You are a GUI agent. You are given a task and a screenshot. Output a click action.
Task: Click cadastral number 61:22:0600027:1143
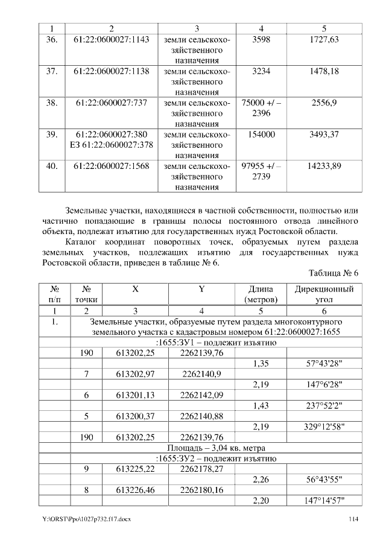pyautogui.click(x=111, y=39)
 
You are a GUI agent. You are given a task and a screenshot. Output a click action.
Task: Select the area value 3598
pyautogui.click(x=261, y=39)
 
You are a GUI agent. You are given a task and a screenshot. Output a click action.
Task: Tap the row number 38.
pyautogui.click(x=52, y=103)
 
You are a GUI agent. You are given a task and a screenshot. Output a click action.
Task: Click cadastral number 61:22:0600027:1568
pyautogui.click(x=111, y=165)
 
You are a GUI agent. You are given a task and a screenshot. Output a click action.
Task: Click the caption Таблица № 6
pyautogui.click(x=334, y=273)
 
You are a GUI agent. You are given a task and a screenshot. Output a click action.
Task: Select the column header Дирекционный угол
pyautogui.click(x=324, y=294)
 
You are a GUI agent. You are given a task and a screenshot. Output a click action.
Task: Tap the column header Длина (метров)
pyautogui.click(x=261, y=294)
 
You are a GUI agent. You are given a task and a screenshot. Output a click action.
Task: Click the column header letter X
pyautogui.click(x=135, y=289)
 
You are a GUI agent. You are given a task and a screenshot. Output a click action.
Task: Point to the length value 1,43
pyautogui.click(x=261, y=406)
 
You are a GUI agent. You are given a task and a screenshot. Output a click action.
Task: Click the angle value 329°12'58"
pyautogui.click(x=324, y=427)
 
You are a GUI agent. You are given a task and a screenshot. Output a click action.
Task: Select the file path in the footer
pyautogui.click(x=86, y=518)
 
